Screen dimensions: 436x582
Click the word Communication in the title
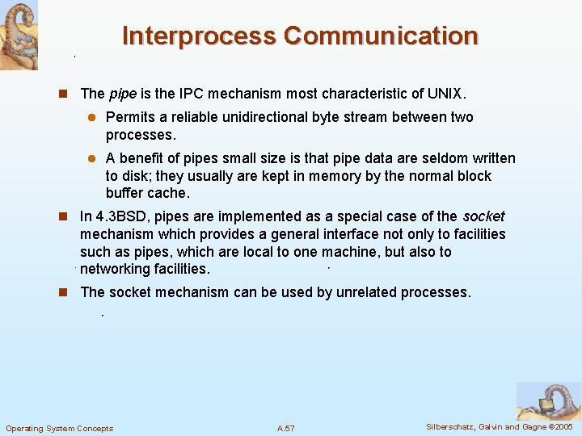coord(381,36)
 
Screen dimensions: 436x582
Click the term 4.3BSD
coord(122,216)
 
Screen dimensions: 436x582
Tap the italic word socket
coord(483,216)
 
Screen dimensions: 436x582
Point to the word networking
coord(116,270)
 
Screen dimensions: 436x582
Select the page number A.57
coord(285,428)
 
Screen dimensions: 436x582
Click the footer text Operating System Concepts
coord(59,428)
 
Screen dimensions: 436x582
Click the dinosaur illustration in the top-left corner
coord(19,35)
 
